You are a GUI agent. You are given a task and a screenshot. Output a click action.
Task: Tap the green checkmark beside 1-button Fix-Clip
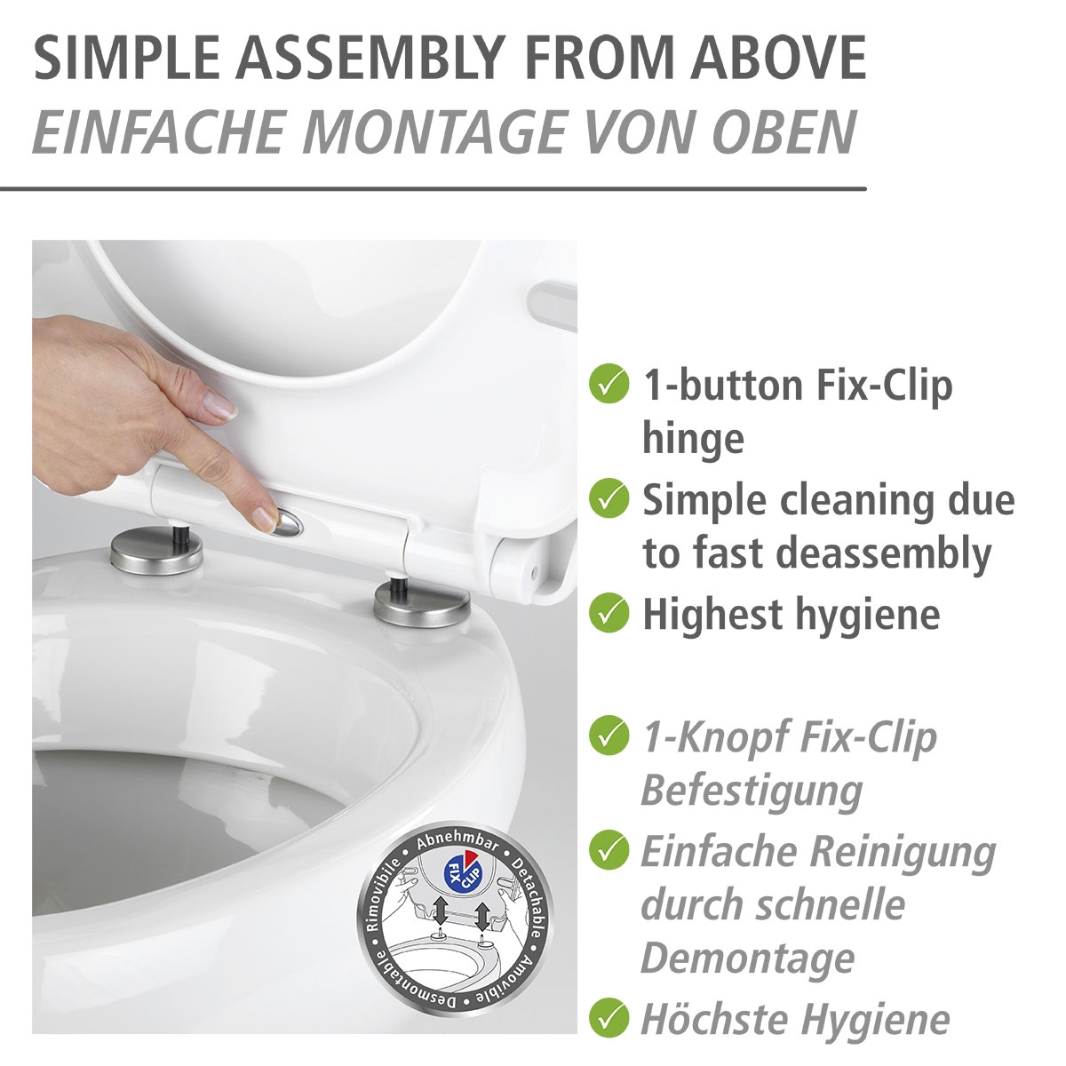click(609, 384)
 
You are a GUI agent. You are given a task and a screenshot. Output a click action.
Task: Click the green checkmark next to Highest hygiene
click(609, 612)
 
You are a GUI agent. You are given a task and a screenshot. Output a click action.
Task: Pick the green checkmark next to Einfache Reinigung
click(609, 850)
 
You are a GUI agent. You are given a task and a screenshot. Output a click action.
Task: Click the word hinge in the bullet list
click(693, 441)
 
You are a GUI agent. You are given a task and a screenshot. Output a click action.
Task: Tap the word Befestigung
click(752, 792)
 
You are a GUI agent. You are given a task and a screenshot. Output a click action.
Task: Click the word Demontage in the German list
click(748, 959)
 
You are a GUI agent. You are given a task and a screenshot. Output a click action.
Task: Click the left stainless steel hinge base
click(156, 549)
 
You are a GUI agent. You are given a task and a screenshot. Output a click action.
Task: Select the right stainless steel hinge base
click(422, 605)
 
